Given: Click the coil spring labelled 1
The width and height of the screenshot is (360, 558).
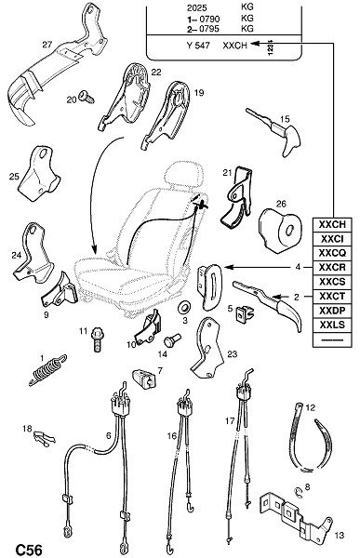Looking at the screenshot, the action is [47, 370].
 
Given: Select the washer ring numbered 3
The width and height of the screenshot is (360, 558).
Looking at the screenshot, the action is [184, 306].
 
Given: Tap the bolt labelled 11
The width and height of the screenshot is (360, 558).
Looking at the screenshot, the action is [97, 339].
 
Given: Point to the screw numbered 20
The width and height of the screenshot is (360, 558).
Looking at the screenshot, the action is [87, 97].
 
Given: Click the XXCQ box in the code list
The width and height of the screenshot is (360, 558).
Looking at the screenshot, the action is [332, 253].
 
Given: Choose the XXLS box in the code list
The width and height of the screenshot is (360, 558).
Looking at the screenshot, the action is [332, 325].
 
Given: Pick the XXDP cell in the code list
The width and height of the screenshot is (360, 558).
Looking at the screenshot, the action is [332, 311].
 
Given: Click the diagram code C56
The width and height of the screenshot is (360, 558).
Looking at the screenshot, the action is [28, 550].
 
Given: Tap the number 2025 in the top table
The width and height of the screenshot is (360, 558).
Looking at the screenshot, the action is [197, 7].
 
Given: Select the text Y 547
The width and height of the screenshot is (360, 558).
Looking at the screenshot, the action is [198, 46].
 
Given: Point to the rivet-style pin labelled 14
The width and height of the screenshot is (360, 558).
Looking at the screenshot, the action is [172, 339].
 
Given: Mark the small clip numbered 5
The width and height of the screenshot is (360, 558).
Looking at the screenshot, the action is [246, 313].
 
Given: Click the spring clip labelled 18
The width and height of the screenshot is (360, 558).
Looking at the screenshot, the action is [44, 438].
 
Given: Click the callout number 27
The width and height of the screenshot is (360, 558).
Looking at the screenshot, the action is [47, 45].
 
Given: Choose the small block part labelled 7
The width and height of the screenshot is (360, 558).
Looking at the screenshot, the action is [145, 379].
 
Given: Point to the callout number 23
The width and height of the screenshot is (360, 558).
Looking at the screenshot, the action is [233, 354].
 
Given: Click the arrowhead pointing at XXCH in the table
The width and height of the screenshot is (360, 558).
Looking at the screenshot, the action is [255, 43].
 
